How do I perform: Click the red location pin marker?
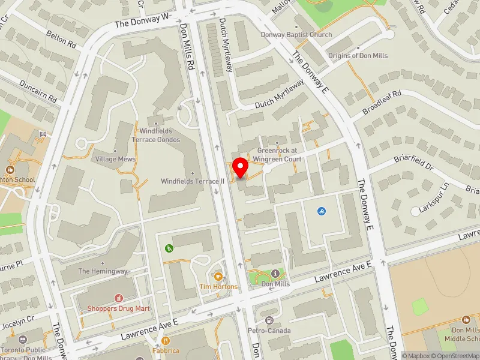click(x=241, y=167)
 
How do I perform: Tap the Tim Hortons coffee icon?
click(x=218, y=277)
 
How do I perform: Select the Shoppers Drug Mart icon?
click(x=119, y=298)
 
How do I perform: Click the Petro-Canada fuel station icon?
click(x=269, y=320)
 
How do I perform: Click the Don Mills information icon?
click(x=275, y=274)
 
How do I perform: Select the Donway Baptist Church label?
click(x=296, y=35)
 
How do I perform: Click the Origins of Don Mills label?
click(x=358, y=56)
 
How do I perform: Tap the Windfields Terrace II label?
click(x=192, y=181)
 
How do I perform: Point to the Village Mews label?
click(x=115, y=159)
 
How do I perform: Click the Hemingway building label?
click(x=103, y=271)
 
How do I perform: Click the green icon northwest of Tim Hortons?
click(x=169, y=248)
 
